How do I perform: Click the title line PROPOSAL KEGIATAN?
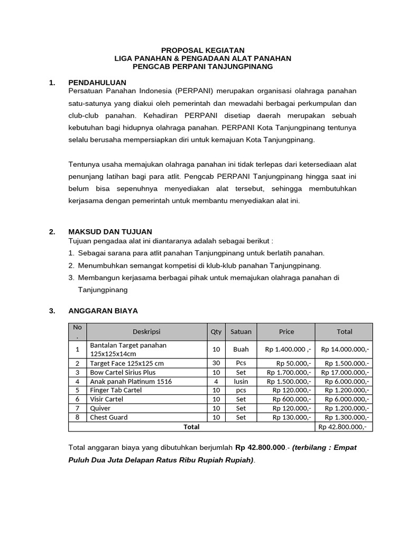click(x=203, y=50)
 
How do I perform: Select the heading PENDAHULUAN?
click(x=97, y=83)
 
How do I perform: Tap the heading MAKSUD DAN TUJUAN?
click(x=110, y=232)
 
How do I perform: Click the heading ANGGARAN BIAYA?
click(x=103, y=311)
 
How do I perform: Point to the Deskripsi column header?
click(x=146, y=332)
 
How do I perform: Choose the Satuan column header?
click(x=241, y=332)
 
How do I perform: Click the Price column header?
click(x=286, y=332)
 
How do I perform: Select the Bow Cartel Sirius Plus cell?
click(x=123, y=372)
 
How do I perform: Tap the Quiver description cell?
click(x=100, y=408)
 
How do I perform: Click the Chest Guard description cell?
click(x=109, y=417)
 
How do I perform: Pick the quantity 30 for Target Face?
click(x=216, y=363)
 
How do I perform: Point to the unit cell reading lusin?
click(x=241, y=381)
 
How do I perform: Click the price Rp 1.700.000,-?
click(x=289, y=372)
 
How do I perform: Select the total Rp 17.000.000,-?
click(x=345, y=372)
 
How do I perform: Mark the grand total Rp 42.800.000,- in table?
click(x=342, y=427)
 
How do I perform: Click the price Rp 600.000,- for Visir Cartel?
click(x=292, y=399)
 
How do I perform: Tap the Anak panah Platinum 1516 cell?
click(x=131, y=381)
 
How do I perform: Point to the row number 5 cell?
click(x=77, y=390)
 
